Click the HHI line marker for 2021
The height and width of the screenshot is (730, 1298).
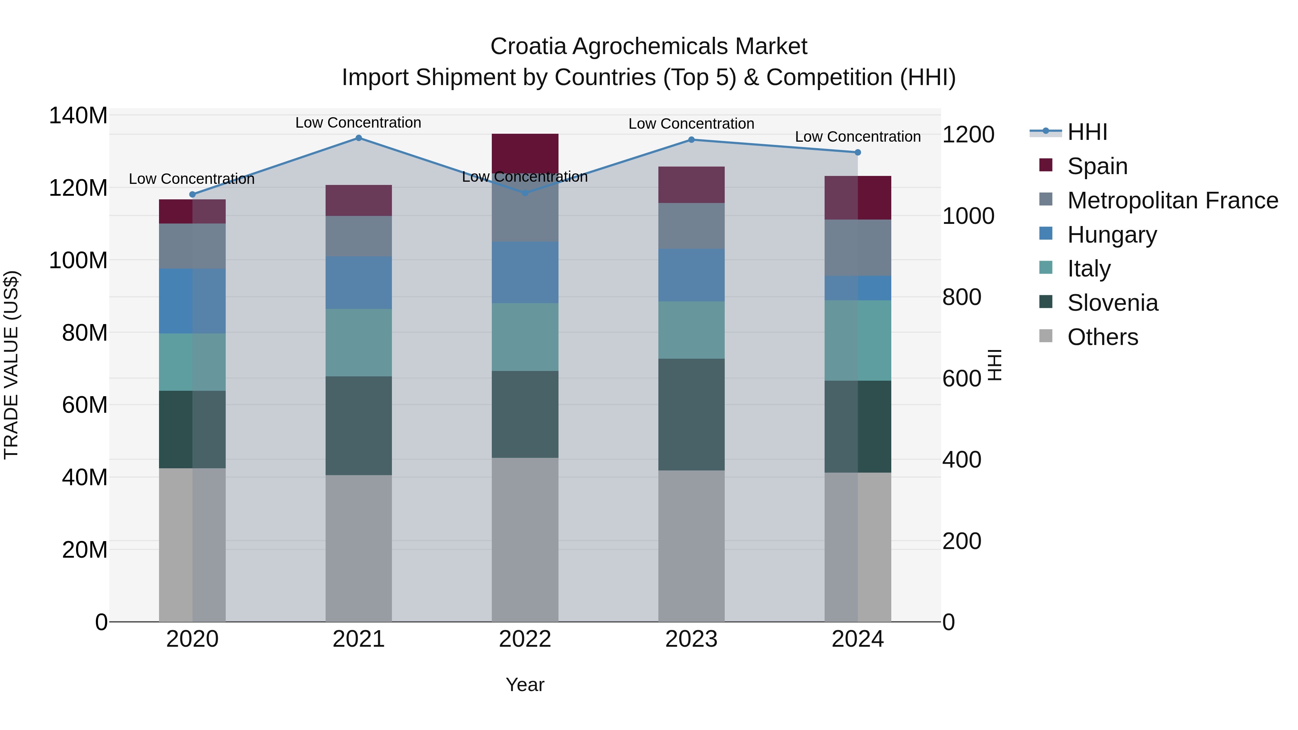[358, 138]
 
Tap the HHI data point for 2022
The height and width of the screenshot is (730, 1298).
[525, 193]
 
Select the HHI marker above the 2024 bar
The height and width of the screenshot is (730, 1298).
[858, 152]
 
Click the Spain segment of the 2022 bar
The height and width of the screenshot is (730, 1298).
[525, 151]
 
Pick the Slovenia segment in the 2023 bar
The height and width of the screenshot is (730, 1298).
[691, 414]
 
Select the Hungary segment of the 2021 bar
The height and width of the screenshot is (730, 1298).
[358, 282]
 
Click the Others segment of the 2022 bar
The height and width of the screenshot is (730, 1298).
[525, 539]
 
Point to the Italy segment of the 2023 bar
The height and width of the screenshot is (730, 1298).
[691, 330]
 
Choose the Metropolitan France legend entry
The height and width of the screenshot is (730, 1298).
[1172, 200]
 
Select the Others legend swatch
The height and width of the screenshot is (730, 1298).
[1046, 336]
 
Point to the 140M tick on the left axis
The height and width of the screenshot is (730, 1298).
[78, 116]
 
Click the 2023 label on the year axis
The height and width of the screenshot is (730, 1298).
[691, 639]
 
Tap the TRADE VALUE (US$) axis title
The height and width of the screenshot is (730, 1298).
[11, 365]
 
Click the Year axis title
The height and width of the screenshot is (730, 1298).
[525, 685]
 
